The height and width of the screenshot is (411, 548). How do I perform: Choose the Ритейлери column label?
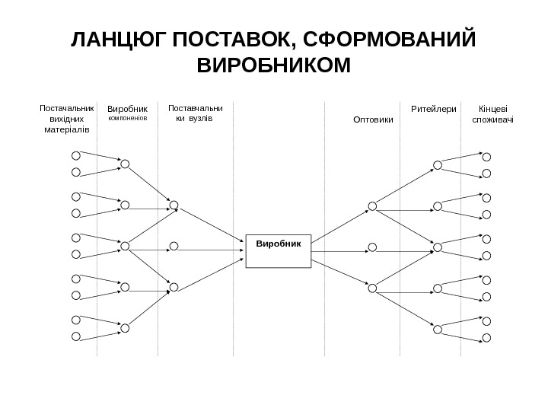tap(433, 110)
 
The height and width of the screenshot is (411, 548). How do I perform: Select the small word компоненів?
tap(126, 119)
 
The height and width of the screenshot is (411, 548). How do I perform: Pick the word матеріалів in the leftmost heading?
tap(68, 130)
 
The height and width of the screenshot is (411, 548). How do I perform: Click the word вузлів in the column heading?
tap(199, 119)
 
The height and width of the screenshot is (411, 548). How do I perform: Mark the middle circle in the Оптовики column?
tap(372, 246)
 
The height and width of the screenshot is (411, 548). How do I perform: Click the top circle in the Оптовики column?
tap(372, 205)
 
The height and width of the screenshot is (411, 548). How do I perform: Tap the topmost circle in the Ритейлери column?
tap(438, 164)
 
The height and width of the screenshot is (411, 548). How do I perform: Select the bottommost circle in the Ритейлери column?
tap(438, 328)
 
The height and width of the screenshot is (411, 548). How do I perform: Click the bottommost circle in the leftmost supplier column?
tap(76, 336)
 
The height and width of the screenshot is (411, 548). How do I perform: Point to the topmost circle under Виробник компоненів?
tap(125, 164)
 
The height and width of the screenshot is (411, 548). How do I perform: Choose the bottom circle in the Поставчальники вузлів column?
tap(174, 287)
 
